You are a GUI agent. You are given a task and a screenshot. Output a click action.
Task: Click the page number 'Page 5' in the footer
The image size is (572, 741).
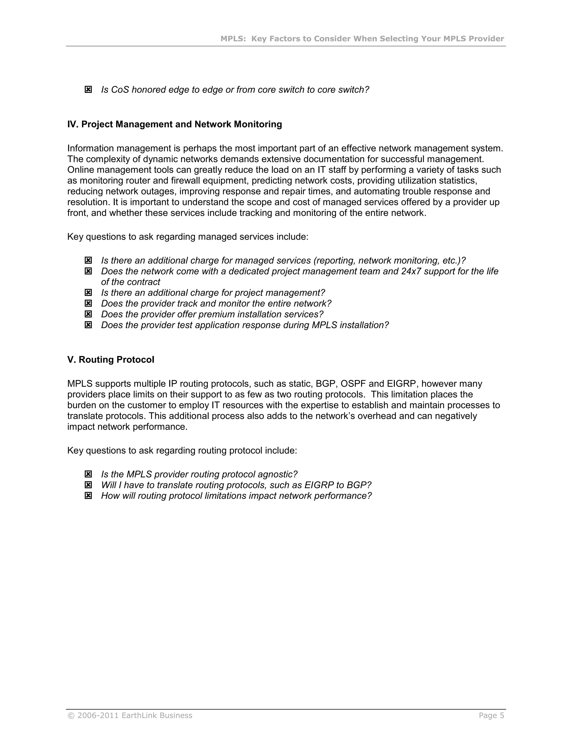coord(491,716)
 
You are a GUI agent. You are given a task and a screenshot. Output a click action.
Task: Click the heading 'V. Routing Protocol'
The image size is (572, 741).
coord(111,360)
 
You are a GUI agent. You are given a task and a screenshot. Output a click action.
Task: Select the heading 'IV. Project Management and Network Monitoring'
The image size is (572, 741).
coord(175,124)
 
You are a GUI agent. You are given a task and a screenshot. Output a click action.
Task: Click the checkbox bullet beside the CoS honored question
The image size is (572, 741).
coord(88,89)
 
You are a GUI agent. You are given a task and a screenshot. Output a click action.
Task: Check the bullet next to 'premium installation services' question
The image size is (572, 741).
coord(88,314)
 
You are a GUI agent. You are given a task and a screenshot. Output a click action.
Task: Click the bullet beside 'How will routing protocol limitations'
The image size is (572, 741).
coord(88,496)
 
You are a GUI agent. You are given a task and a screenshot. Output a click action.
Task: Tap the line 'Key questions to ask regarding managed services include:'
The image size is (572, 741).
coord(188,237)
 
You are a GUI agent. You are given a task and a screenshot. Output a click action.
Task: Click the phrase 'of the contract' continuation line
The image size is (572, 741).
coord(130,282)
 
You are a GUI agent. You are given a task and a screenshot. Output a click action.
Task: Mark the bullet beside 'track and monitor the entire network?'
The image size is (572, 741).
coord(88,303)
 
